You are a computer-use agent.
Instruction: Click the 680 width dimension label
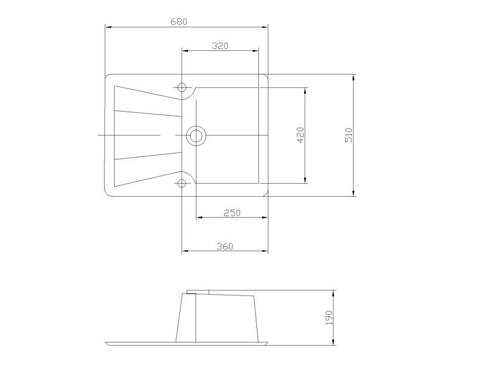179,22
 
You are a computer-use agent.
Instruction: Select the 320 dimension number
220,46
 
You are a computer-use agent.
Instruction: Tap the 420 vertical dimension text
301,135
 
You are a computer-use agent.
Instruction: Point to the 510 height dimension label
349,135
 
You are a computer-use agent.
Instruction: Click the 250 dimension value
232,212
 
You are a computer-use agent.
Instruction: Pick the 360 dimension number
225,246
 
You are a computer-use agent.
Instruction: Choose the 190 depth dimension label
329,318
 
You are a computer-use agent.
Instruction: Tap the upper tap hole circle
182,88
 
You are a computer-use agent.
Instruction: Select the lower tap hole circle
182,183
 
